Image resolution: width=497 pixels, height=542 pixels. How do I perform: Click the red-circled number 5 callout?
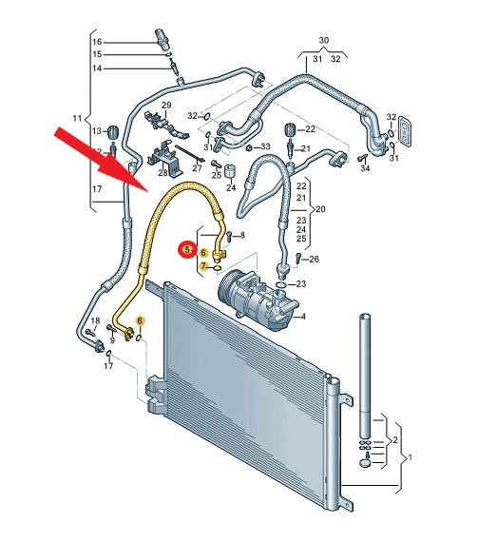(x=187, y=249)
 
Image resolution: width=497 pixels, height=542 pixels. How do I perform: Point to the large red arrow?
(x=102, y=159)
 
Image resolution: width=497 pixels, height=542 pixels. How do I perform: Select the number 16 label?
(x=97, y=42)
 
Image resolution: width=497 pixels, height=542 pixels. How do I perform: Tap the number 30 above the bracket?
(x=324, y=41)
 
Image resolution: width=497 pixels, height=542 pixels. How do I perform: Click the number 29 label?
(x=166, y=106)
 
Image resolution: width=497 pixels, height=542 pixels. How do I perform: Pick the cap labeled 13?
(x=112, y=131)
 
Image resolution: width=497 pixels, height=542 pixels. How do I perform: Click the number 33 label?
(x=265, y=146)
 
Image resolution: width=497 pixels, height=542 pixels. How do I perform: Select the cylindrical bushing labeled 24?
(x=230, y=171)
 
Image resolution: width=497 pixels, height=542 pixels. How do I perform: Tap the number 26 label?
(x=314, y=259)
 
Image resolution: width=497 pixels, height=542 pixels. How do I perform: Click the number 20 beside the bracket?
(x=320, y=209)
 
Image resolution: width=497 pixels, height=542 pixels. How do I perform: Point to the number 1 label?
(x=410, y=457)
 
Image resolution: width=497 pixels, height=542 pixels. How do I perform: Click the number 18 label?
(x=95, y=321)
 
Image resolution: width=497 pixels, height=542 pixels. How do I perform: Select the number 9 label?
(x=112, y=340)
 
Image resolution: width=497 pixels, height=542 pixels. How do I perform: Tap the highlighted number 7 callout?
(x=203, y=266)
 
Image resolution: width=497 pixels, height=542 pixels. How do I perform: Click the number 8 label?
(x=242, y=236)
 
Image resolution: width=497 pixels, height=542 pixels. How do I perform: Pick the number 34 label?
(x=365, y=168)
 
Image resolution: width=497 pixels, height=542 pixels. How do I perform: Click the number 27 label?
(x=197, y=168)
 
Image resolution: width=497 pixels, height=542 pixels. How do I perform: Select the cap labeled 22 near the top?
(x=290, y=130)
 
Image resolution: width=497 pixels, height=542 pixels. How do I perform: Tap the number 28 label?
(x=162, y=172)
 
